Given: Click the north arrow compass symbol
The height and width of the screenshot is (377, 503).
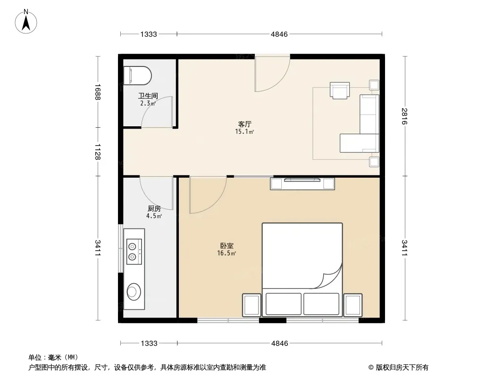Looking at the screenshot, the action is click(26, 22).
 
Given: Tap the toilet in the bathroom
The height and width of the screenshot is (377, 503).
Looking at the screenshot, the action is click(137, 75).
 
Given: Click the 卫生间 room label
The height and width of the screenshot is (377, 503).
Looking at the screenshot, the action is click(148, 96).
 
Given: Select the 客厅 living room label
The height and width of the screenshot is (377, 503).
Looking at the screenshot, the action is click(244, 124).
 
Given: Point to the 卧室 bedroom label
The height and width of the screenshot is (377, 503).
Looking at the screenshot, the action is click(227, 246).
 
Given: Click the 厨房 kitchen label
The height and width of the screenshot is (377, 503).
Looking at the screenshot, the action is click(154, 208).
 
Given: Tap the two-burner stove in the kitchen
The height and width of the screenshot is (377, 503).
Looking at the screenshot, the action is click(134, 252).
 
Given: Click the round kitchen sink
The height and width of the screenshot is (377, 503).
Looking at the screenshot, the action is click(134, 292).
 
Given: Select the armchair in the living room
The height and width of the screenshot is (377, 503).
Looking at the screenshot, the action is click(340, 90).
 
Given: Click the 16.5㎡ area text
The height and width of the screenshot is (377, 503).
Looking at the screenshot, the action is click(226, 254).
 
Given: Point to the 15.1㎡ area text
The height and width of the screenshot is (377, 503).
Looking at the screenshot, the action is click(244, 131).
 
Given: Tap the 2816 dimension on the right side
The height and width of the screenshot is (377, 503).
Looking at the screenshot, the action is click(404, 116).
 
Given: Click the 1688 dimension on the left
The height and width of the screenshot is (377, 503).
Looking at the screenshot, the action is click(98, 92).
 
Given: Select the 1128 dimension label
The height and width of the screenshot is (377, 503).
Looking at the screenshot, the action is click(98, 151).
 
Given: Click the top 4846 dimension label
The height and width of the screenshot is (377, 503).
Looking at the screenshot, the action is click(279, 34).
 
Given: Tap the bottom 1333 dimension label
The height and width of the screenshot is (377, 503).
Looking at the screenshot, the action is click(149, 344).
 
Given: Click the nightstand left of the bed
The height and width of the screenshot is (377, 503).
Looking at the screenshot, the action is click(251, 305).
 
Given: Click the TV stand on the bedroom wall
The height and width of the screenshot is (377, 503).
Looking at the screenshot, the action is click(302, 183).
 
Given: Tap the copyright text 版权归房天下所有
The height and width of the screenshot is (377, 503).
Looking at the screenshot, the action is click(402, 368).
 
